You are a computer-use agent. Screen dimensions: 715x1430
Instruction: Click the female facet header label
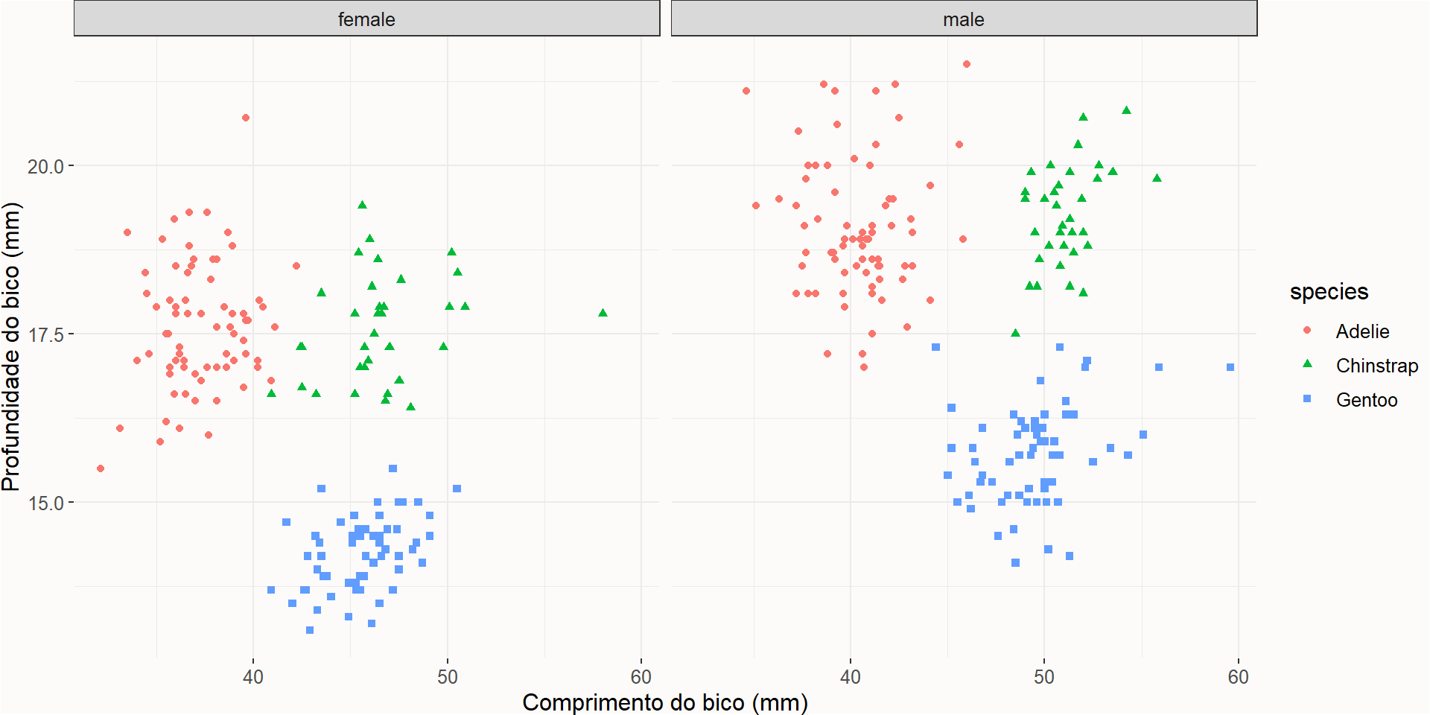click(x=366, y=19)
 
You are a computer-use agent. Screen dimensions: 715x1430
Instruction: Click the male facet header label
click(x=963, y=19)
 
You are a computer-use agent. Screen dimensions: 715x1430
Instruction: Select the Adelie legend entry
click(x=1361, y=331)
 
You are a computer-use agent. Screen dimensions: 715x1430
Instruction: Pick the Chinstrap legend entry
click(x=1376, y=366)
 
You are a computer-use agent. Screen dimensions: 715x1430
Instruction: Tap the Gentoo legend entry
click(x=1366, y=400)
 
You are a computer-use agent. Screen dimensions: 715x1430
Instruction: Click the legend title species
click(x=1329, y=291)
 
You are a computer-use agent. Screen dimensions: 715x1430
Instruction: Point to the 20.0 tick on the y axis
click(x=45, y=166)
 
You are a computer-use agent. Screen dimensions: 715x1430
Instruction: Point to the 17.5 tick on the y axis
click(x=45, y=334)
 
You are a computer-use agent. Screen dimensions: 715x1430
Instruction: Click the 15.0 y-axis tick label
click(x=45, y=503)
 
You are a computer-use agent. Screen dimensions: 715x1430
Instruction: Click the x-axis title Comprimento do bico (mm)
click(x=664, y=702)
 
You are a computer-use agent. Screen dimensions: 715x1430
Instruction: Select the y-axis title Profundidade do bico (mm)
click(x=11, y=346)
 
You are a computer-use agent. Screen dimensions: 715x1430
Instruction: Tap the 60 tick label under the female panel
click(x=641, y=677)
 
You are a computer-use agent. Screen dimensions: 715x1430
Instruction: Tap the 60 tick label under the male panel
click(x=1238, y=677)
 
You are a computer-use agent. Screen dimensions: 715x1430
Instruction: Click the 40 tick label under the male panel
click(x=850, y=677)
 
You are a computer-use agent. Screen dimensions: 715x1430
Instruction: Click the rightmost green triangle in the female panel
click(x=603, y=313)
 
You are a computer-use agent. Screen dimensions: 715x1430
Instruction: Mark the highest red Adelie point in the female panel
click(x=246, y=118)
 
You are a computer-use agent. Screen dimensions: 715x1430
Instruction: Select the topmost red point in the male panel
click(x=967, y=64)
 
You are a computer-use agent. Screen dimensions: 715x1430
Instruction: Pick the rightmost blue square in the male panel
click(x=1230, y=367)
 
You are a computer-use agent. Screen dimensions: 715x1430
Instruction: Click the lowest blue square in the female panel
click(x=310, y=630)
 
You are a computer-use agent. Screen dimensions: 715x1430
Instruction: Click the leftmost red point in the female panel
click(x=101, y=468)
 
